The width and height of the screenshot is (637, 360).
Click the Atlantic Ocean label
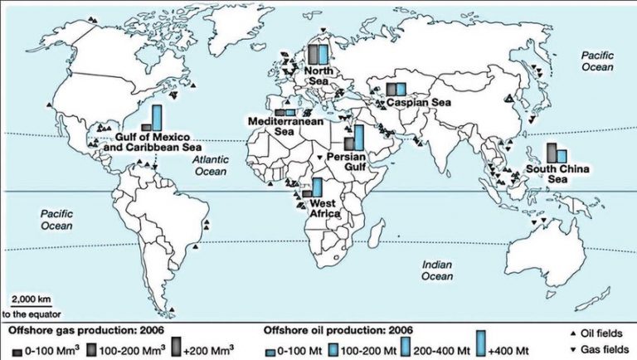point(210,165)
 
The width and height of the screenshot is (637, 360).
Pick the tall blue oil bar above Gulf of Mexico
point(157,118)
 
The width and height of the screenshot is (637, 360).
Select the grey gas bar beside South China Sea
point(551,153)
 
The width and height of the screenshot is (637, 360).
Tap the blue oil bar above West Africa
point(317,187)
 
